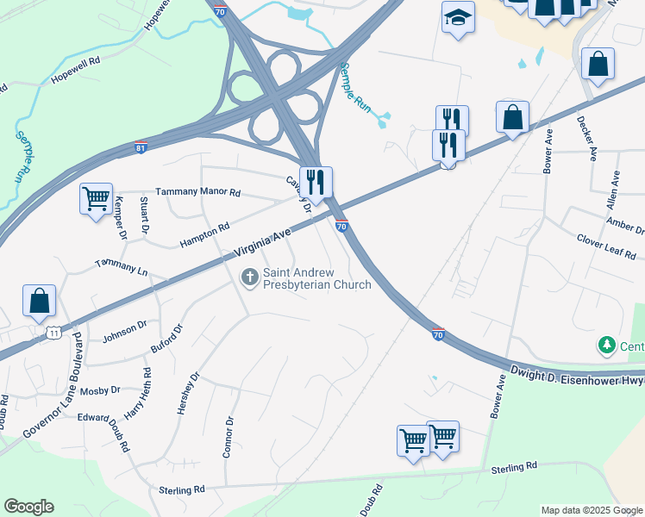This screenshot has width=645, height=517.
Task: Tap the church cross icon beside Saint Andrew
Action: click(x=250, y=277)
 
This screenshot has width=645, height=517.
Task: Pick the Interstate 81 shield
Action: click(x=141, y=147)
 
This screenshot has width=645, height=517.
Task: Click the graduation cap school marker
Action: click(x=458, y=16)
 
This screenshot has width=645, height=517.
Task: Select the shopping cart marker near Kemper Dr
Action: click(x=95, y=198)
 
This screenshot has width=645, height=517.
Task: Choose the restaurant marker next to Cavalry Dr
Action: click(x=316, y=182)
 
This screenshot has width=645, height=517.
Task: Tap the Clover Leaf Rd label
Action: click(x=605, y=246)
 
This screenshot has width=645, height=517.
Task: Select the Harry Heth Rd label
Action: click(x=138, y=394)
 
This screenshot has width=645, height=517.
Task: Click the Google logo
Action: click(x=28, y=507)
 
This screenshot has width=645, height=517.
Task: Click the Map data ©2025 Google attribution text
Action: click(x=592, y=510)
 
